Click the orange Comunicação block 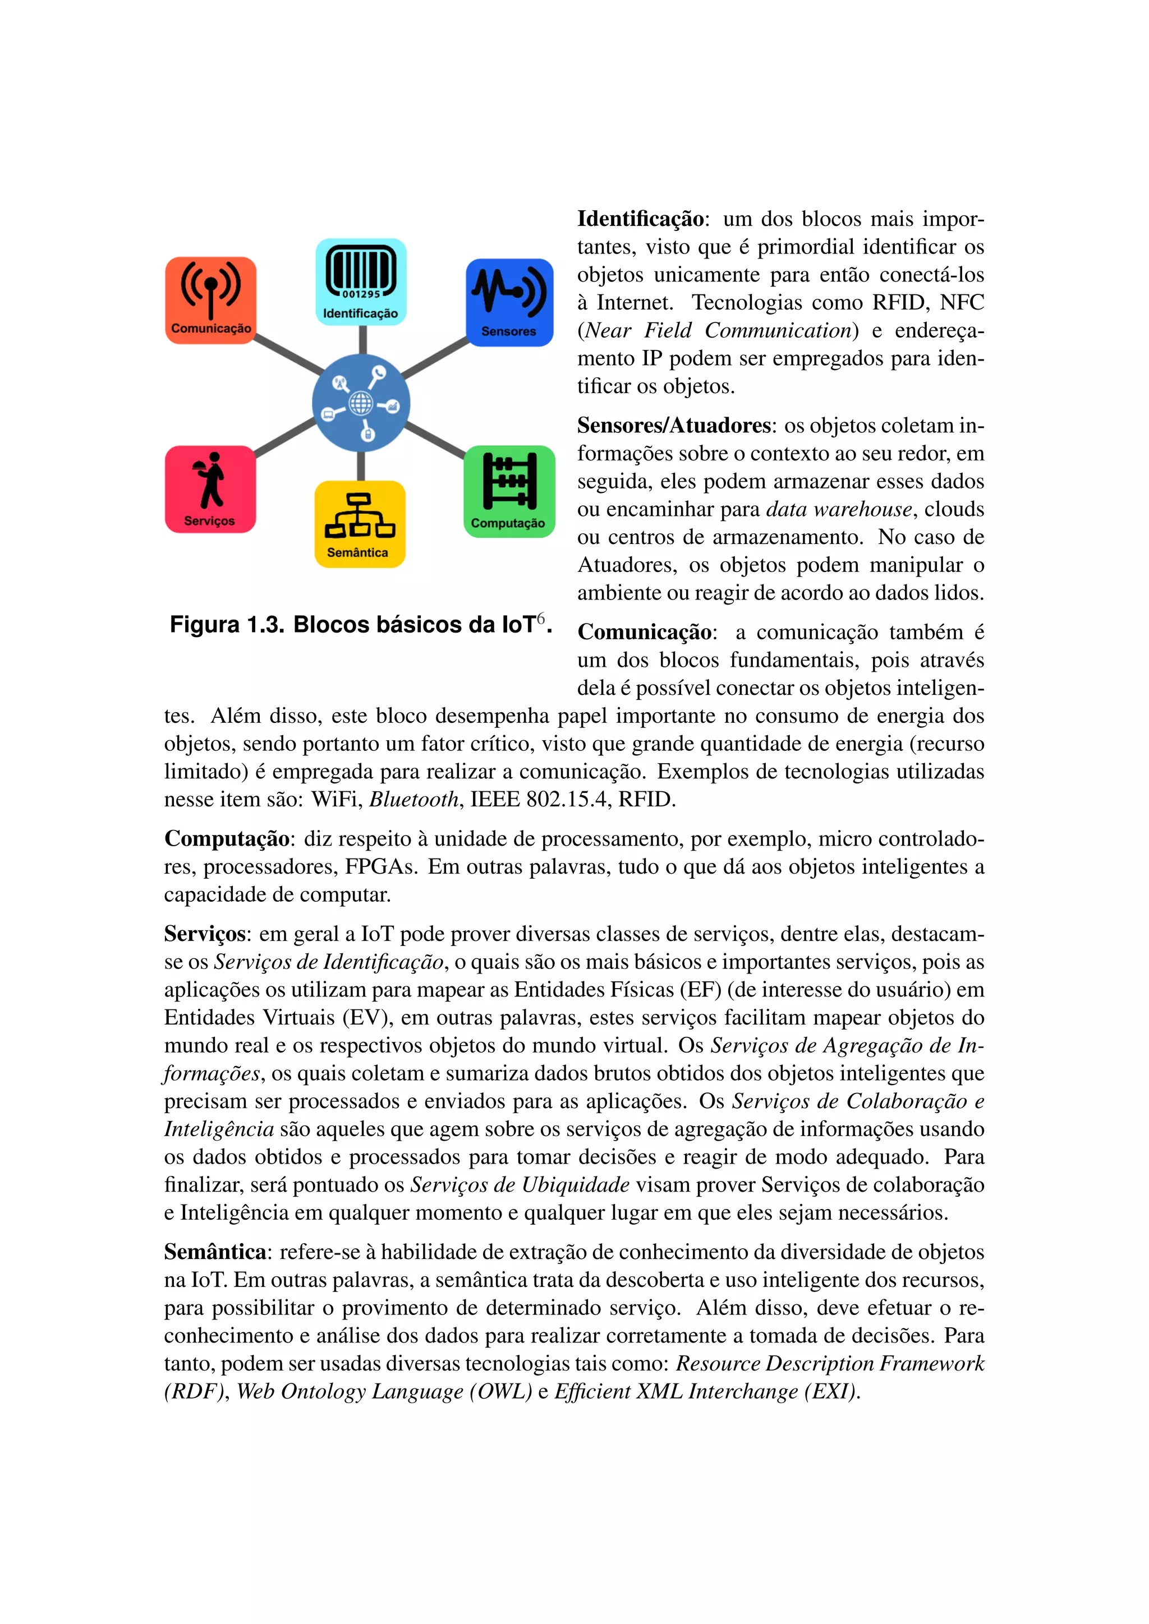pyautogui.click(x=211, y=300)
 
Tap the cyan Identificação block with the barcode pyautogui.click(x=361, y=282)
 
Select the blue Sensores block pyautogui.click(x=509, y=302)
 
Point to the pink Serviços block pyautogui.click(x=210, y=489)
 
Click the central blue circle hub pyautogui.click(x=361, y=403)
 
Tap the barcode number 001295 pyautogui.click(x=361, y=294)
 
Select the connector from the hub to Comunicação pyautogui.click(x=287, y=354)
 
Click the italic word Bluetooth pyautogui.click(x=415, y=799)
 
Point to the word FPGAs pyautogui.click(x=380, y=866)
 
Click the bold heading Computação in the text pyautogui.click(x=227, y=839)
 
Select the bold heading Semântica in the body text pyautogui.click(x=215, y=1252)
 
